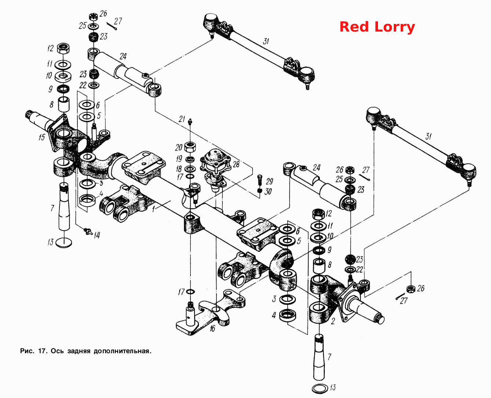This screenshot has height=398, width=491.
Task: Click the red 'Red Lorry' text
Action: (377, 27)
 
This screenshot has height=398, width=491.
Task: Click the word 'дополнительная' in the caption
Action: (123, 351)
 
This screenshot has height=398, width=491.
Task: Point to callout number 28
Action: (236, 164)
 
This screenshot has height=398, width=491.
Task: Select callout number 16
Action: (212, 328)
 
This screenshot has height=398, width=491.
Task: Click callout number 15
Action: (41, 137)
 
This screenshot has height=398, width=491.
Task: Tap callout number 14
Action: (97, 235)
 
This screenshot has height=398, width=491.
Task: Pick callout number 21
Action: (182, 119)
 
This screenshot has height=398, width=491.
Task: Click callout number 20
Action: (179, 148)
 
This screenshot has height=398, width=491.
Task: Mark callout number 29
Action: (269, 181)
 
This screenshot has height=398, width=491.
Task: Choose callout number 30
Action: (268, 191)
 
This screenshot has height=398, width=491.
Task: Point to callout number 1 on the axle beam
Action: (153, 209)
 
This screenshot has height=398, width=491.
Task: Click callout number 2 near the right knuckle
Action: (333, 321)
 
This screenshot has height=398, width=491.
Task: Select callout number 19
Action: (179, 159)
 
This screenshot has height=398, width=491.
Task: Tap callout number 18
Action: (179, 169)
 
